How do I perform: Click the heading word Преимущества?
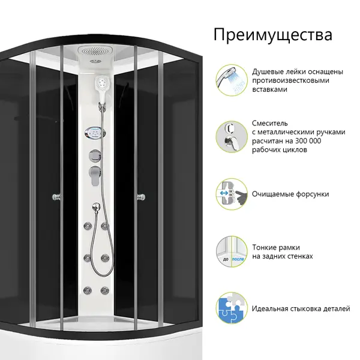pos(273,35)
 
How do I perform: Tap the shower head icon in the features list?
pos(232,80)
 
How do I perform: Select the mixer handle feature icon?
pos(232,137)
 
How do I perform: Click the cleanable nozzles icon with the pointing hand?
pos(232,194)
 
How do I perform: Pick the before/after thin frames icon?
pos(232,251)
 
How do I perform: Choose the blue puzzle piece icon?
pos(232,308)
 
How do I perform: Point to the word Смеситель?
pos(270,123)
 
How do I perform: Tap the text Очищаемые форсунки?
pos(290,194)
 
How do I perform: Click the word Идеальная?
pos(269,308)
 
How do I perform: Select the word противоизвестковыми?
pos(290,80)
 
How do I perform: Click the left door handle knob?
pos(56,197)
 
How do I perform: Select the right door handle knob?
pos(141,197)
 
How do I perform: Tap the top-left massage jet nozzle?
pos(88,226)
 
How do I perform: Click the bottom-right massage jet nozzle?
pos(104,290)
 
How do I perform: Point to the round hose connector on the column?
pos(97,207)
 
